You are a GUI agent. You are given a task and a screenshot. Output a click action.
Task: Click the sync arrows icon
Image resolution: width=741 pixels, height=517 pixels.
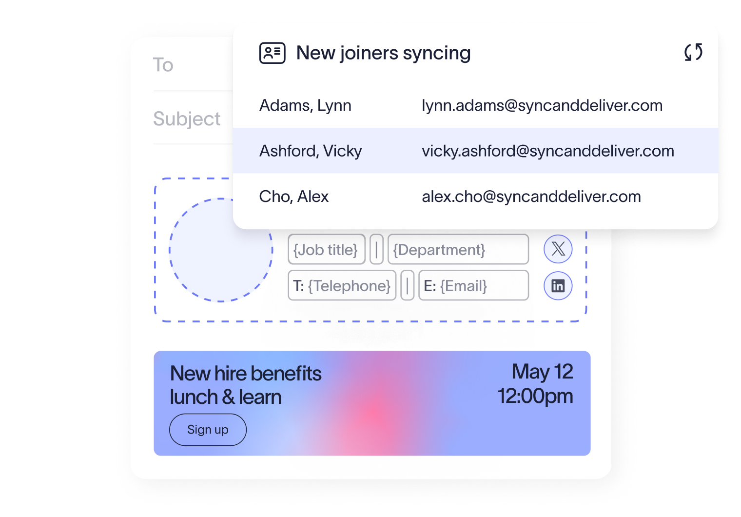click(693, 52)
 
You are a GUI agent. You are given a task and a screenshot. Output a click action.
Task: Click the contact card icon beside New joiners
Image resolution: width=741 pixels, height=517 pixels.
click(272, 53)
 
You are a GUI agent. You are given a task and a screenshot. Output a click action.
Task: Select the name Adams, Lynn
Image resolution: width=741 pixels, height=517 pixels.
click(305, 105)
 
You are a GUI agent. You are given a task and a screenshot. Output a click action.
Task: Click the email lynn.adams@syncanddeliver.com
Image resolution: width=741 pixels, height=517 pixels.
click(542, 105)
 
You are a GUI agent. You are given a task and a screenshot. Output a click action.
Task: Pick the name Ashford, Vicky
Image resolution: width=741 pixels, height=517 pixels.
click(310, 151)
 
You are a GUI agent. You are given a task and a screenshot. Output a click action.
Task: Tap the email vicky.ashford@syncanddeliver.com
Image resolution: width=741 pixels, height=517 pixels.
click(548, 151)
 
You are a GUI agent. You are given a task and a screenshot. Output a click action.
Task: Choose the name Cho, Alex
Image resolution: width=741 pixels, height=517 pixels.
click(294, 197)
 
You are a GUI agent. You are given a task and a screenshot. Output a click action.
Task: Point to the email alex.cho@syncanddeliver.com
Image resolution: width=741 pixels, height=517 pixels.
click(531, 197)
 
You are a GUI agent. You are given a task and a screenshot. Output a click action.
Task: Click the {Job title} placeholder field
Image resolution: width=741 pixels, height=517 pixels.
click(327, 249)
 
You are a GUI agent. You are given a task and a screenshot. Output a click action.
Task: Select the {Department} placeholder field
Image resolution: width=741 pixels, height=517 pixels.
click(458, 249)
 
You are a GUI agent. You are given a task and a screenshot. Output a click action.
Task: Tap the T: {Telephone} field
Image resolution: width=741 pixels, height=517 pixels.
click(342, 285)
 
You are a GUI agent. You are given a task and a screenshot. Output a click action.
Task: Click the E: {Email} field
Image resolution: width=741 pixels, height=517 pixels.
click(474, 285)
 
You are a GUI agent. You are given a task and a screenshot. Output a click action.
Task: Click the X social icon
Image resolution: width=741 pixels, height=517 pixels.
click(558, 249)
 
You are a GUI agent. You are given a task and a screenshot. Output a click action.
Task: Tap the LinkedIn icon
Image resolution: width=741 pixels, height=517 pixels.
click(558, 286)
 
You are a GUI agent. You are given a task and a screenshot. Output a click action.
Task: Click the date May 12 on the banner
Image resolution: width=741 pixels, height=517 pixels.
click(542, 372)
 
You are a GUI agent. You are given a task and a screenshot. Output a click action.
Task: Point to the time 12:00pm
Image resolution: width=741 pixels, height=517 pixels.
click(535, 396)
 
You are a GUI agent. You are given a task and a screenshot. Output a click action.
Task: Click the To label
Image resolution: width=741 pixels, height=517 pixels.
click(163, 64)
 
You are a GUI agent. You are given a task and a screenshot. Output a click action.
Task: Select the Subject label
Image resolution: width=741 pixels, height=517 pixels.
click(187, 119)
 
